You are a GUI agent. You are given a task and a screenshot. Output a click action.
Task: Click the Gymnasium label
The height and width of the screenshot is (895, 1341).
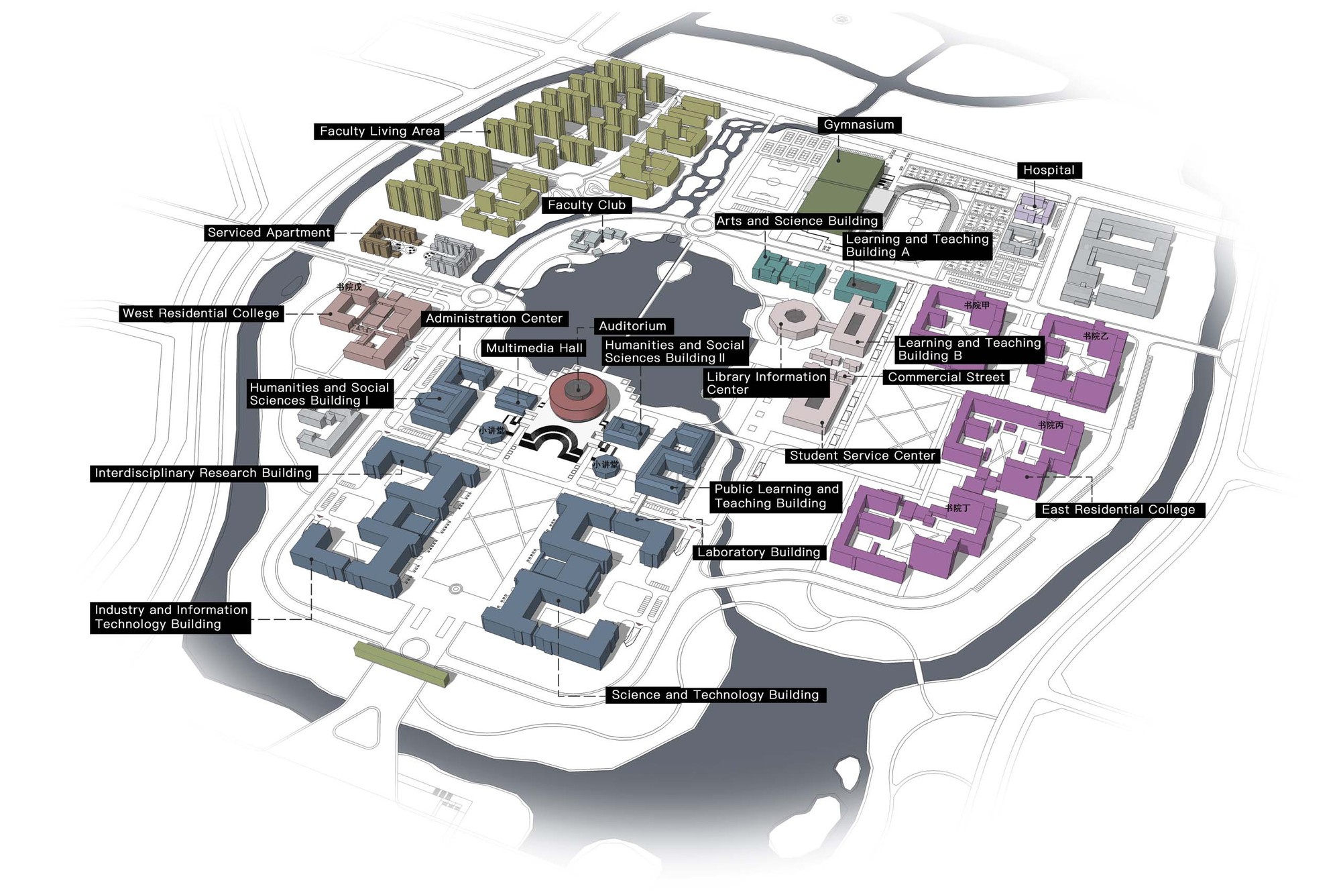click(x=859, y=125)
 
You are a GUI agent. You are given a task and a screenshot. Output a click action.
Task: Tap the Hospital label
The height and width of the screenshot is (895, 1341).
click(x=1049, y=170)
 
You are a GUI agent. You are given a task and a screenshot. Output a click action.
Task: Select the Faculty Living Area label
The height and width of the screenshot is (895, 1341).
click(x=380, y=131)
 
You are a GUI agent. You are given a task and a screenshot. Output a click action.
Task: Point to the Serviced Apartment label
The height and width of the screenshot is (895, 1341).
click(x=269, y=233)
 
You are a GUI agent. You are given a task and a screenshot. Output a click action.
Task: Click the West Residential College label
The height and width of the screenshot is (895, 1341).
click(x=200, y=313)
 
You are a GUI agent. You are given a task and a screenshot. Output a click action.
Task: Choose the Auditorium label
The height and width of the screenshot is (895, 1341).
click(x=632, y=326)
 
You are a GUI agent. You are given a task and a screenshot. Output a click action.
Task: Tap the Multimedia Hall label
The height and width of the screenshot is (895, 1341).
click(x=534, y=348)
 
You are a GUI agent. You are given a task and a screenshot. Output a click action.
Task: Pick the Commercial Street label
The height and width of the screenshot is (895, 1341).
click(x=945, y=377)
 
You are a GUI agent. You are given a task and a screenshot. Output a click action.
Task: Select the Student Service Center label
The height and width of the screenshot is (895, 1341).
click(x=862, y=456)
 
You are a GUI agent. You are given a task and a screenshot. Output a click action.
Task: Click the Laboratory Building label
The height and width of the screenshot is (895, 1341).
click(x=759, y=552)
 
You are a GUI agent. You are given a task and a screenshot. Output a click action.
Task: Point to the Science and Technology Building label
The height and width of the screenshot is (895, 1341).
click(x=715, y=695)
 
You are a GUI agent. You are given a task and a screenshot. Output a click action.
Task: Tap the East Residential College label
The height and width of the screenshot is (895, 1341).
click(x=1118, y=510)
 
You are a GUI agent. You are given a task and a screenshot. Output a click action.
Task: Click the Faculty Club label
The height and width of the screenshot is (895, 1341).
click(x=587, y=205)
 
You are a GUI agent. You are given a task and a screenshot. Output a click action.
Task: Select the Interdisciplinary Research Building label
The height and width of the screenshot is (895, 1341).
click(x=203, y=473)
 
